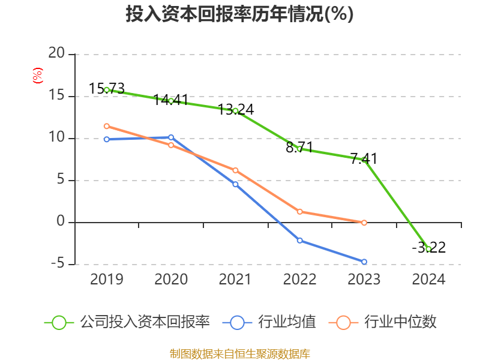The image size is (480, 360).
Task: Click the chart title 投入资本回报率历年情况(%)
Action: [x=239, y=14]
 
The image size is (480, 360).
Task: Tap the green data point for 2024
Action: [x=428, y=248]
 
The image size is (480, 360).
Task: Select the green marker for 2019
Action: [x=107, y=89]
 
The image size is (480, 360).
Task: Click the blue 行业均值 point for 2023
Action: [x=364, y=262]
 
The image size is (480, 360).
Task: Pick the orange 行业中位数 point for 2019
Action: [x=107, y=126]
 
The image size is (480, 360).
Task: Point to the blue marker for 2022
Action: [x=299, y=240]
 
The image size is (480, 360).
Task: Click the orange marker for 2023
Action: [x=364, y=223]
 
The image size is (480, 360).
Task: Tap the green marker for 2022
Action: [x=299, y=148]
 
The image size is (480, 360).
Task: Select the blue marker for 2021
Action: [x=235, y=184]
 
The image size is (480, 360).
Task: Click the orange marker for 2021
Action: [x=235, y=170]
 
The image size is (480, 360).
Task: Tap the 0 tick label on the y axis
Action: [x=60, y=222]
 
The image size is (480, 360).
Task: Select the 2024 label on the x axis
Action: [x=428, y=280]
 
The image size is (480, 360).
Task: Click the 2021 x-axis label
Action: [x=235, y=280]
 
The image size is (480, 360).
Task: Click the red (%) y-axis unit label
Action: [x=37, y=76]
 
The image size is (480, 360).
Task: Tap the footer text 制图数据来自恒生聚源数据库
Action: [x=239, y=353]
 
